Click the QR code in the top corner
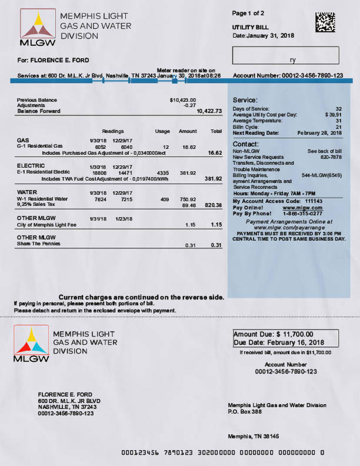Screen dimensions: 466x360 [325, 22]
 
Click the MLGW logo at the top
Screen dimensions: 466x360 [38, 28]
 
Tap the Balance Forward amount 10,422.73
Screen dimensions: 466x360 [209, 111]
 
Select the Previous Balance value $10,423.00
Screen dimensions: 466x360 [182, 100]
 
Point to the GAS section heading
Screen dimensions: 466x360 [23, 140]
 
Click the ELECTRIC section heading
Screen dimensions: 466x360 [28, 166]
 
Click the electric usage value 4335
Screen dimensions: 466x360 [163, 172]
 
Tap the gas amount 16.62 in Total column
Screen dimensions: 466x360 [215, 152]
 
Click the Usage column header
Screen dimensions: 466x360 [162, 131]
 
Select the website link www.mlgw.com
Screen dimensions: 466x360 [298, 208]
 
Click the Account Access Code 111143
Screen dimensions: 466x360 [307, 201]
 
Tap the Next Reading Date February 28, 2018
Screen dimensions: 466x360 [319, 133]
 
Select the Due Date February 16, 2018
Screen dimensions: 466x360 [279, 342]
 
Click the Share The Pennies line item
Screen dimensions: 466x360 [38, 244]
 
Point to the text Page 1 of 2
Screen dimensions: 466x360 [248, 13]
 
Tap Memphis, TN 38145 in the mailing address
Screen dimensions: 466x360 [254, 436]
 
